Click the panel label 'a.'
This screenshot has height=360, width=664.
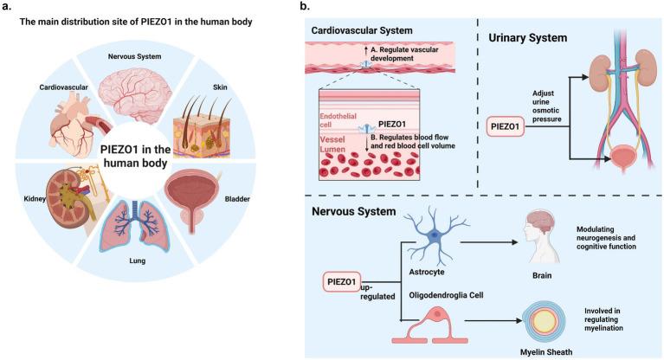pyautogui.click(x=9, y=8)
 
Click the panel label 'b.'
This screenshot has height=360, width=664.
pyautogui.click(x=305, y=8)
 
